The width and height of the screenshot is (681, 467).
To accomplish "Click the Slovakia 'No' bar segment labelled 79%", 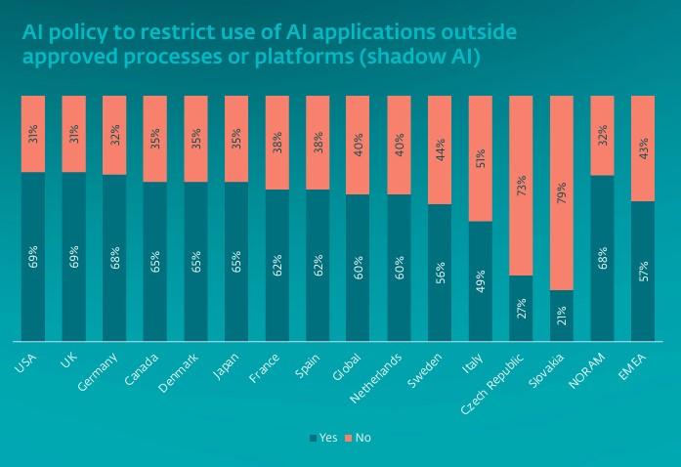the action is [562, 192].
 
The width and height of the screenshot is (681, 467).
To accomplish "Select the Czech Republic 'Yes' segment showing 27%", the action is [521, 308].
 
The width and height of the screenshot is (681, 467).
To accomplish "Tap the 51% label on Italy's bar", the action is [481, 158].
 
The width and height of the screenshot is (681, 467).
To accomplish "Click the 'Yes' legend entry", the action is [323, 438].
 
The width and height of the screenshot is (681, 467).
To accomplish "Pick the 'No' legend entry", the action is [359, 438].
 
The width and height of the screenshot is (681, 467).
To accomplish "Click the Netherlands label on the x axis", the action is [376, 378].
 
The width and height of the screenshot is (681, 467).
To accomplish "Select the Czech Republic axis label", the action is [492, 384].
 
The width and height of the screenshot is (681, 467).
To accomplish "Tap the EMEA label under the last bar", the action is [632, 367].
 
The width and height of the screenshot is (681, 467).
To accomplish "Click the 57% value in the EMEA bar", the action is [643, 271].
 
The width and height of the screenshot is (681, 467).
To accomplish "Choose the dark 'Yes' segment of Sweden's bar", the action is [440, 273].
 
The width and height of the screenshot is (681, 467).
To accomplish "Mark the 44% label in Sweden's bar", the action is [440, 149].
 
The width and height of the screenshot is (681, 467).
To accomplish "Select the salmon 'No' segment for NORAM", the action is [603, 136].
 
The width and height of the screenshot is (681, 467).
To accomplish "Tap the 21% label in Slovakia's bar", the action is [562, 316].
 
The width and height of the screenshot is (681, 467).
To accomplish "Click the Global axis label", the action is [346, 367].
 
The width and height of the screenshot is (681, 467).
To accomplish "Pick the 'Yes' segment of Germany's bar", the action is [114, 258].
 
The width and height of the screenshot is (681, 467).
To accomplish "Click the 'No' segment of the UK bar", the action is [74, 134].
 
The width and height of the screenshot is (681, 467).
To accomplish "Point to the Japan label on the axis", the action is [226, 366].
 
